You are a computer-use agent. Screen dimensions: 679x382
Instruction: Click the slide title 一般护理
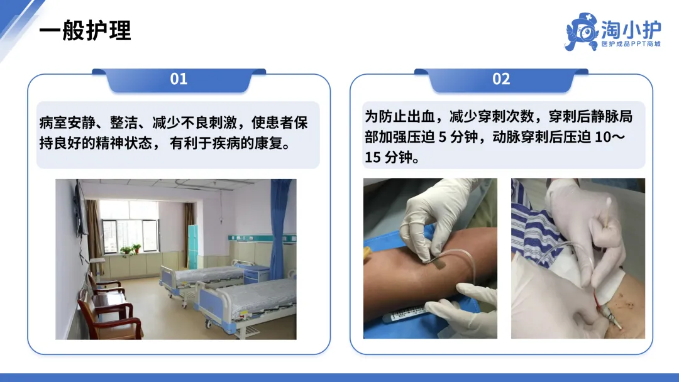(x=85, y=31)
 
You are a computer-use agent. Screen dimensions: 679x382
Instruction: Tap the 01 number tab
(x=179, y=79)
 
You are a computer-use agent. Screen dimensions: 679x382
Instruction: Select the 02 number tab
(x=501, y=79)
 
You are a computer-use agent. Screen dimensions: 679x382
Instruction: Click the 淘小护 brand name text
(x=631, y=29)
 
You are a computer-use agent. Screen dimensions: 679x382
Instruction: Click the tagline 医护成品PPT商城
(x=631, y=44)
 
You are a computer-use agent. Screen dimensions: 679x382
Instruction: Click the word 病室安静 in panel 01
(x=67, y=123)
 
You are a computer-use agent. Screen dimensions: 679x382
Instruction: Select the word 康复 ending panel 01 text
(x=268, y=143)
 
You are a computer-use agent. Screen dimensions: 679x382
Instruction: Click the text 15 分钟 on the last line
(x=388, y=157)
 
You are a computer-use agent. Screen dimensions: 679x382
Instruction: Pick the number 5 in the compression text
(x=442, y=137)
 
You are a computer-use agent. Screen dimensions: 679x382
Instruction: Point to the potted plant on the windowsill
(x=131, y=249)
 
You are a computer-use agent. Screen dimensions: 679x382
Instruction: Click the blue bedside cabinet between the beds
(x=257, y=275)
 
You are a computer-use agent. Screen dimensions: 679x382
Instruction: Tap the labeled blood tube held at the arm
(x=404, y=314)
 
